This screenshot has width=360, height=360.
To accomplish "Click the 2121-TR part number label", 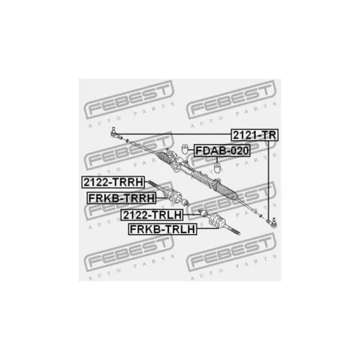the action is [254, 135].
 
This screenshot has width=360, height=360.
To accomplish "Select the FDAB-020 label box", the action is [222, 150].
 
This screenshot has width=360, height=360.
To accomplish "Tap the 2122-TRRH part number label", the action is [113, 182].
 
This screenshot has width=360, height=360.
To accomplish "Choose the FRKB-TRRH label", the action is [122, 198].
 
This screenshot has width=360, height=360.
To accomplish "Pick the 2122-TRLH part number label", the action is [152, 215].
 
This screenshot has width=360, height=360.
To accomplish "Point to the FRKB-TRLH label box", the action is [163, 229].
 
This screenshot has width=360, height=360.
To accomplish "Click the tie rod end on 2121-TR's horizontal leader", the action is [114, 132].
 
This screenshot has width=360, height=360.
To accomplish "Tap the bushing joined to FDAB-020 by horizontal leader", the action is [184, 150].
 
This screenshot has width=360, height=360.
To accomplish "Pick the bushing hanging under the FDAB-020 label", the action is [217, 168].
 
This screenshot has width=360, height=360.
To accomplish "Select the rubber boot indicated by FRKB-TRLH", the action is [216, 220].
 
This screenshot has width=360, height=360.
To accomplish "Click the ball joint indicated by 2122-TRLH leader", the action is [202, 212].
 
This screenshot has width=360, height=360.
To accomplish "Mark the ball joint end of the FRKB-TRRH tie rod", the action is [185, 203].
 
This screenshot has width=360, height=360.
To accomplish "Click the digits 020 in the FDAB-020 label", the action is [238, 150].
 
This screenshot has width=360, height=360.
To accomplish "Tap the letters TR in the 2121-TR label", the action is [269, 135].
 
